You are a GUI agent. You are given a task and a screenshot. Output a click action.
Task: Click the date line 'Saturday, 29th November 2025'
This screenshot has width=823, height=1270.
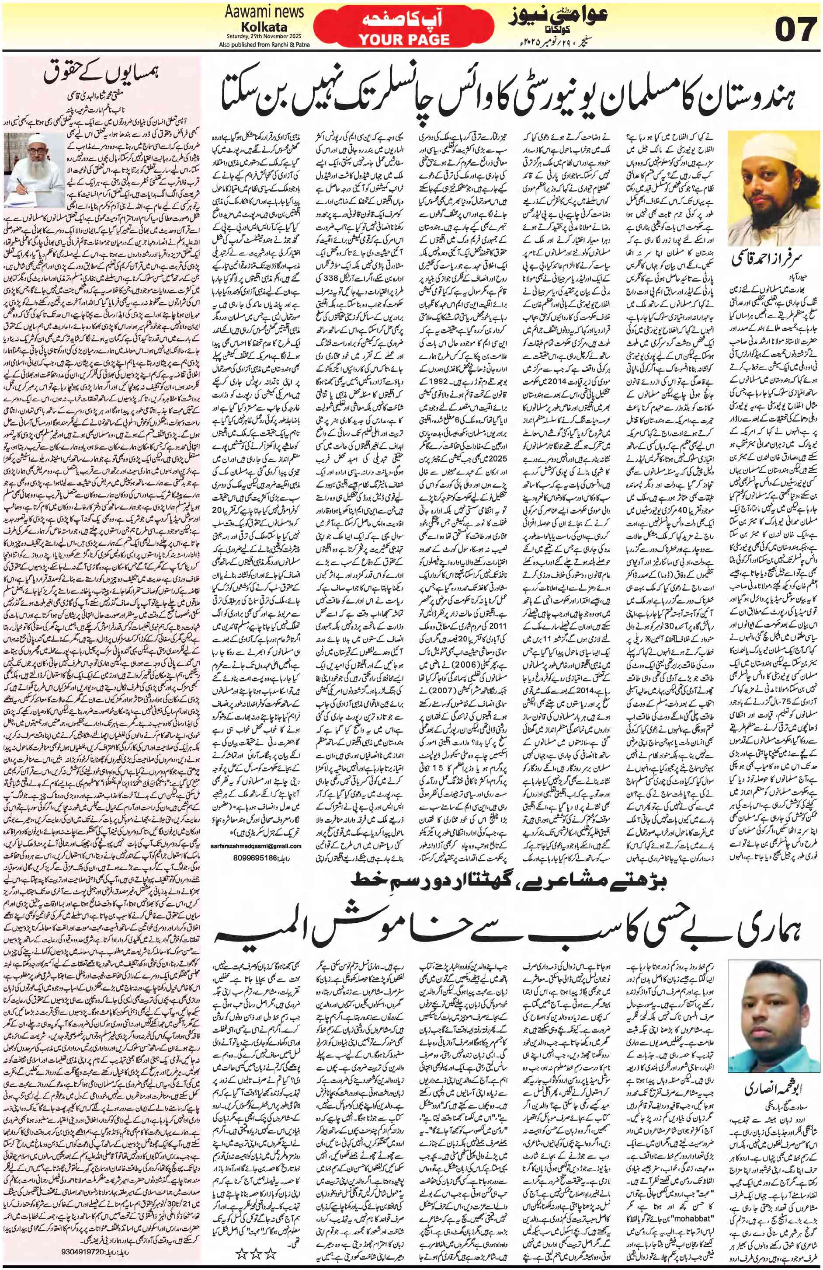264,36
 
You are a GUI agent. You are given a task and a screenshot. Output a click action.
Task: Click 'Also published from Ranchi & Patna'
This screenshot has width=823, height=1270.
264,44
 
